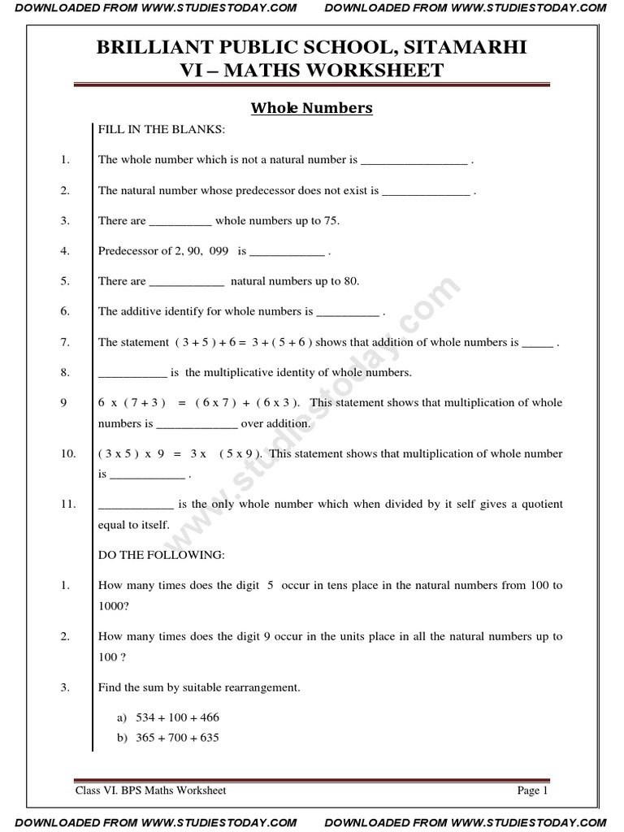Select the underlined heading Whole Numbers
[x=311, y=108]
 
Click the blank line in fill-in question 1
[x=414, y=160]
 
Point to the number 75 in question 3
[x=331, y=221]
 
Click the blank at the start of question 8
[x=132, y=373]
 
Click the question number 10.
[x=68, y=453]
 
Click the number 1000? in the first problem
[x=114, y=605]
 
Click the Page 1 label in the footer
[x=533, y=790]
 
